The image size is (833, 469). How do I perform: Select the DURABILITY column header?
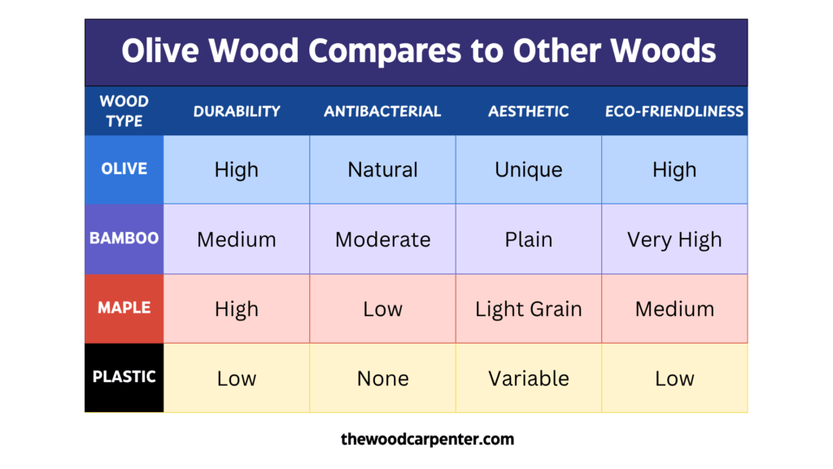coord(237,112)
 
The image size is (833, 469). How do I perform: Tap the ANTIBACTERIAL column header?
coord(382,112)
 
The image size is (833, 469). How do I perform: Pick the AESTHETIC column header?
coord(529,112)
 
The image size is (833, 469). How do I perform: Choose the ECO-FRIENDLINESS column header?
coord(674,112)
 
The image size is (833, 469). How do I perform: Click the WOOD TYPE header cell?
coord(124,112)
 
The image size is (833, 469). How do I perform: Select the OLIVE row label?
coord(124,169)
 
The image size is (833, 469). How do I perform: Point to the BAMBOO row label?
coord(124,239)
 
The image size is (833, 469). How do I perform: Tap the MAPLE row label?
coord(124,309)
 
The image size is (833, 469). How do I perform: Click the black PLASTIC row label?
coord(124,378)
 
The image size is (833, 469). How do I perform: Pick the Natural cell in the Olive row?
coord(382,170)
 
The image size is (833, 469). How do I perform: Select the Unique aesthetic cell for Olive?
coord(529,170)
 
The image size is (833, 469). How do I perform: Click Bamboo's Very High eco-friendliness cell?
coord(674,240)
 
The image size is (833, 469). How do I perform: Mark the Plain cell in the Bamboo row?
coord(529,240)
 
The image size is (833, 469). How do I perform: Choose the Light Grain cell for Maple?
coord(529,309)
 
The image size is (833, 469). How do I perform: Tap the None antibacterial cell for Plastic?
coord(382,379)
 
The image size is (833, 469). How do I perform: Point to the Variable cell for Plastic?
coord(529,379)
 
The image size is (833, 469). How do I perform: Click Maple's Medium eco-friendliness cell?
coord(674,309)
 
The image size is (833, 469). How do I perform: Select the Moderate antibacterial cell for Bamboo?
coord(382,240)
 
